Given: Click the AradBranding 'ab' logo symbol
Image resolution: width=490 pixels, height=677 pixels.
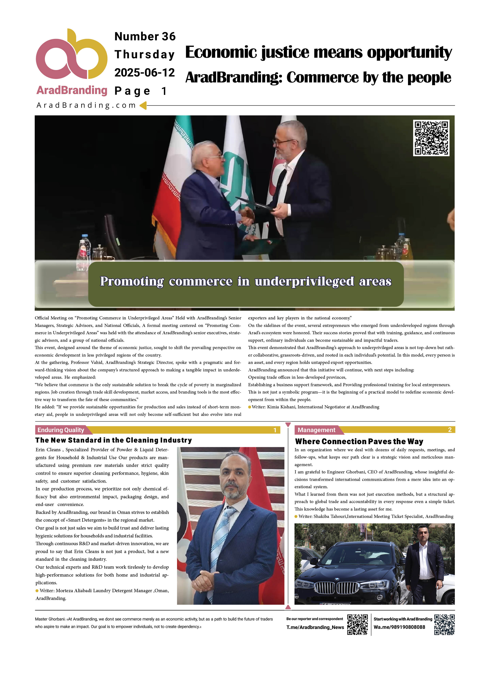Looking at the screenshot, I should [71, 55].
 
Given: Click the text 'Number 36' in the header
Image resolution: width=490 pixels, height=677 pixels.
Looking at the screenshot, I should [145, 36].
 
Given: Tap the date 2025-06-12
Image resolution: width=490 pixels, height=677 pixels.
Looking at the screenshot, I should [144, 73].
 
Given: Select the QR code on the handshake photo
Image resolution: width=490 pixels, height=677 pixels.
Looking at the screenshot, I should [431, 138].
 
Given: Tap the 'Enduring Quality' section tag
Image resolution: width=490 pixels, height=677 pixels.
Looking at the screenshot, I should [61, 430].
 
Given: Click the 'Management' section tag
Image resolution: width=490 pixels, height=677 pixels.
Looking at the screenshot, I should [316, 430].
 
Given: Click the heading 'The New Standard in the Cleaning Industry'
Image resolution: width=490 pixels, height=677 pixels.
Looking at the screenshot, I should [113, 440].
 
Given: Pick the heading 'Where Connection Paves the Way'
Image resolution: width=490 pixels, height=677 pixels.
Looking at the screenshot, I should [359, 441].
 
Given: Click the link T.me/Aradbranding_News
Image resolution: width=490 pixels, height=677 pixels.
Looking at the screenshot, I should [315, 627].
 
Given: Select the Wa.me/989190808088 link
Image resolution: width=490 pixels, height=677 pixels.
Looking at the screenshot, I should [399, 627].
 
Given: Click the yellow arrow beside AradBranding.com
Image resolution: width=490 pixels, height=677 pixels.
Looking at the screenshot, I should [143, 105].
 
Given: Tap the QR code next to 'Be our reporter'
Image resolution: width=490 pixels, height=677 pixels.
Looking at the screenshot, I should [357, 624].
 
